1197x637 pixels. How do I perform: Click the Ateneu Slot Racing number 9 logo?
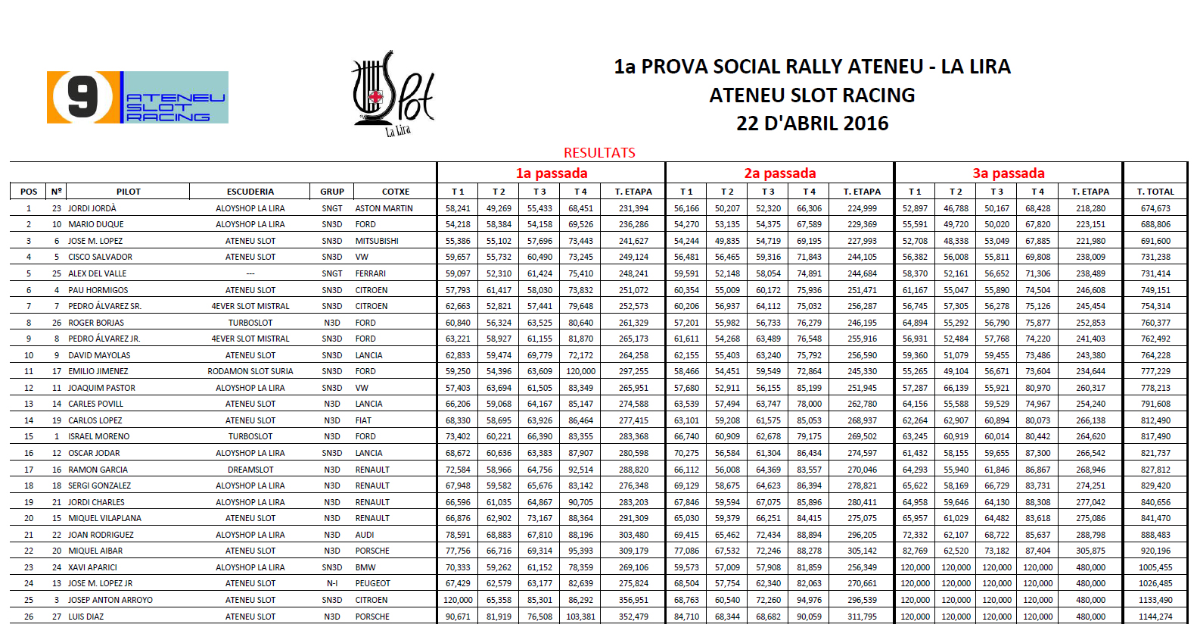137,97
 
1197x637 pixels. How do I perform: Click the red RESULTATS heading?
599,152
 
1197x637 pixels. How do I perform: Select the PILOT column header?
129,192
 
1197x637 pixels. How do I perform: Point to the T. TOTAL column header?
1155,192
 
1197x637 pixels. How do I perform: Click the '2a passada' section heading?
779,173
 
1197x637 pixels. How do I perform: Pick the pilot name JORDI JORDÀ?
92,208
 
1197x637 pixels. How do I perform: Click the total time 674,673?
1155,208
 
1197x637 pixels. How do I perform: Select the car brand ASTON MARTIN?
384,208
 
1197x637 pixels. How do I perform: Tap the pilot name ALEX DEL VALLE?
98,273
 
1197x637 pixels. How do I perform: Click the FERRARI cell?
370,273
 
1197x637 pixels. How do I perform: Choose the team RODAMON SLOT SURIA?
250,371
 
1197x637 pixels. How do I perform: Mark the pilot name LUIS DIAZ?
86,617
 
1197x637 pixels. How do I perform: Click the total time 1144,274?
1155,617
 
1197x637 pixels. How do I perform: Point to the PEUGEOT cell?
372,583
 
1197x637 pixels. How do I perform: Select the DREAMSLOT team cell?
250,470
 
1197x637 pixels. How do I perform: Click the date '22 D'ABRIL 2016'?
812,123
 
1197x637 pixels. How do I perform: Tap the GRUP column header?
331,192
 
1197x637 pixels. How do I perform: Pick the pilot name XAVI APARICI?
92,567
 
